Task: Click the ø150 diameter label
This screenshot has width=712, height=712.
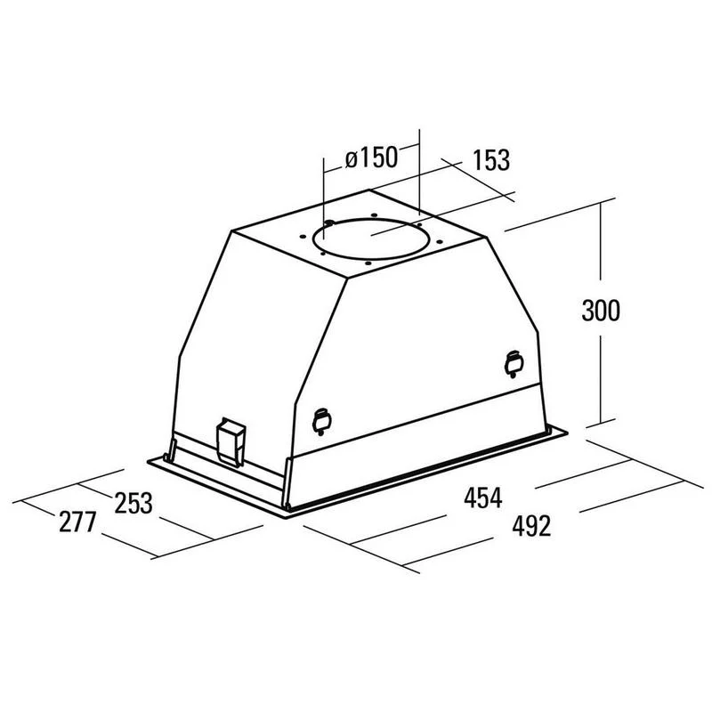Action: tap(371, 158)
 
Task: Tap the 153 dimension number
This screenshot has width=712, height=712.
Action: tap(491, 160)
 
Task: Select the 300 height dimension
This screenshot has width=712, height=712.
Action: tap(600, 311)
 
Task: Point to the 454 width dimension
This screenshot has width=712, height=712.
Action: tap(482, 497)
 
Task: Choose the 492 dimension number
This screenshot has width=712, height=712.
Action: tap(531, 526)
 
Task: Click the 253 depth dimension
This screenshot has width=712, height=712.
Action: tap(133, 503)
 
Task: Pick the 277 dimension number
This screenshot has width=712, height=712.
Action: tap(77, 522)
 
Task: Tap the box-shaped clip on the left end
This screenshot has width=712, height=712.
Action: tap(231, 441)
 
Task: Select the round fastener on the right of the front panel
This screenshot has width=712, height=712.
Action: tap(514, 364)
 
